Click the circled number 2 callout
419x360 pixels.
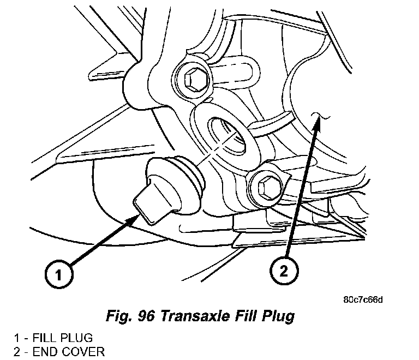tap(283, 271)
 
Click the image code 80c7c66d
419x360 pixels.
tap(363, 299)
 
